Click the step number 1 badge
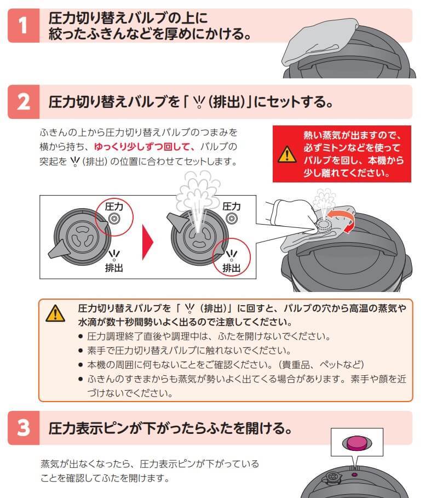(23, 26)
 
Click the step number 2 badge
(23, 102)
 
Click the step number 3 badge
(23, 428)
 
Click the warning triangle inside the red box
(286, 155)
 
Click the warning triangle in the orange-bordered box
(55, 314)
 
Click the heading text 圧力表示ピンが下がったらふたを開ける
(170, 428)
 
